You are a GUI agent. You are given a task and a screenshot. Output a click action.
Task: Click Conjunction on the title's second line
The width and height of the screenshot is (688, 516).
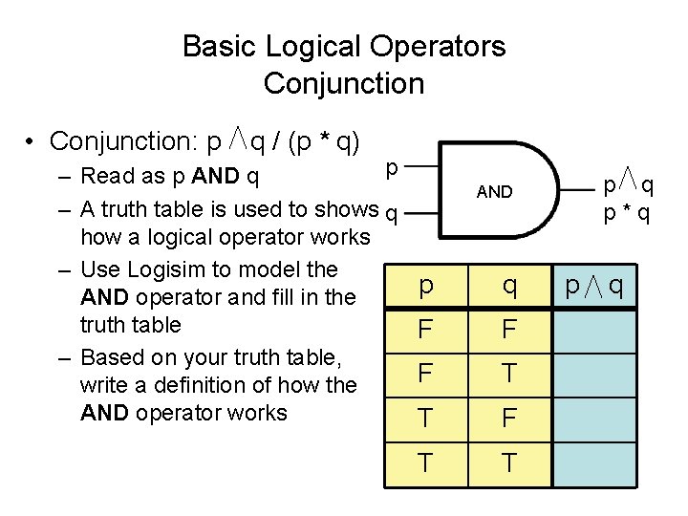[x=343, y=84]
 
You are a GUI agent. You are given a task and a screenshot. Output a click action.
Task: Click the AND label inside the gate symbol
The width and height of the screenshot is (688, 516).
[x=494, y=192]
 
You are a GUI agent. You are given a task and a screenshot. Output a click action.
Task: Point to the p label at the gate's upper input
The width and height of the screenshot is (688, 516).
[x=392, y=168]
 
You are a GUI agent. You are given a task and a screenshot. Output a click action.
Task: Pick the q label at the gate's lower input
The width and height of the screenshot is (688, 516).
[x=391, y=212]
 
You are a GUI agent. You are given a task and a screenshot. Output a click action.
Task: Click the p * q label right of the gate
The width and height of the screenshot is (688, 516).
[x=627, y=213]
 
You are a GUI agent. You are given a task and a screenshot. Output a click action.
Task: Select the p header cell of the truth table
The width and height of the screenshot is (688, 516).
[x=425, y=286]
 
